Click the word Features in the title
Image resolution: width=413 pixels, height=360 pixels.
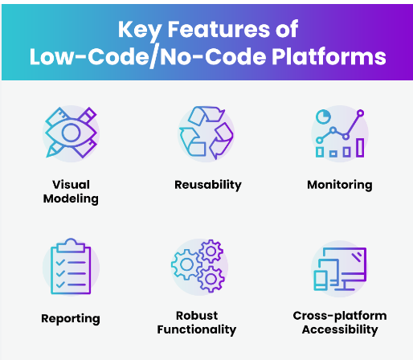(219, 29)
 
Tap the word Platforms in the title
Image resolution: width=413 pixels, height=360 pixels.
(329, 57)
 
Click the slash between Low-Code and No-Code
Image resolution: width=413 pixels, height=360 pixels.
(153, 55)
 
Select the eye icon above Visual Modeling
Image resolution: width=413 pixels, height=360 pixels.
(72, 133)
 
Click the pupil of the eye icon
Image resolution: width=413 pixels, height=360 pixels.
(71, 133)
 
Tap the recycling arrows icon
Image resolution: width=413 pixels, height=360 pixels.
(206, 133)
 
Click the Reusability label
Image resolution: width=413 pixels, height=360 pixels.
(208, 185)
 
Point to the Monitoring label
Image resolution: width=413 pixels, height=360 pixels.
(340, 185)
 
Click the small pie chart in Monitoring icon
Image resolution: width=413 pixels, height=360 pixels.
(323, 117)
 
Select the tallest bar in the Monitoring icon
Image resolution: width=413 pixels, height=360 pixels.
(360, 148)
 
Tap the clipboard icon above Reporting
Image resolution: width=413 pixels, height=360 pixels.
(71, 266)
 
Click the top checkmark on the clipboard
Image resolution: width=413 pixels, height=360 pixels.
(60, 262)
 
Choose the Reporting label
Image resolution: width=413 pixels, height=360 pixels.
(71, 319)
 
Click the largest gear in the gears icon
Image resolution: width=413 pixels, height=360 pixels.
(186, 264)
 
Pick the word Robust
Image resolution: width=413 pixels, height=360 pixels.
(197, 316)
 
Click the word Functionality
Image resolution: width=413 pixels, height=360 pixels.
(197, 329)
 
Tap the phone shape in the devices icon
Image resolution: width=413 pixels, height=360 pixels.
(321, 280)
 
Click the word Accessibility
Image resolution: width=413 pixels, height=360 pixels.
(340, 329)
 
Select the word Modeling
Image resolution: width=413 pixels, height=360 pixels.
(71, 199)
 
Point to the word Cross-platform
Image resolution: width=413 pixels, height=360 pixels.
(340, 316)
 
